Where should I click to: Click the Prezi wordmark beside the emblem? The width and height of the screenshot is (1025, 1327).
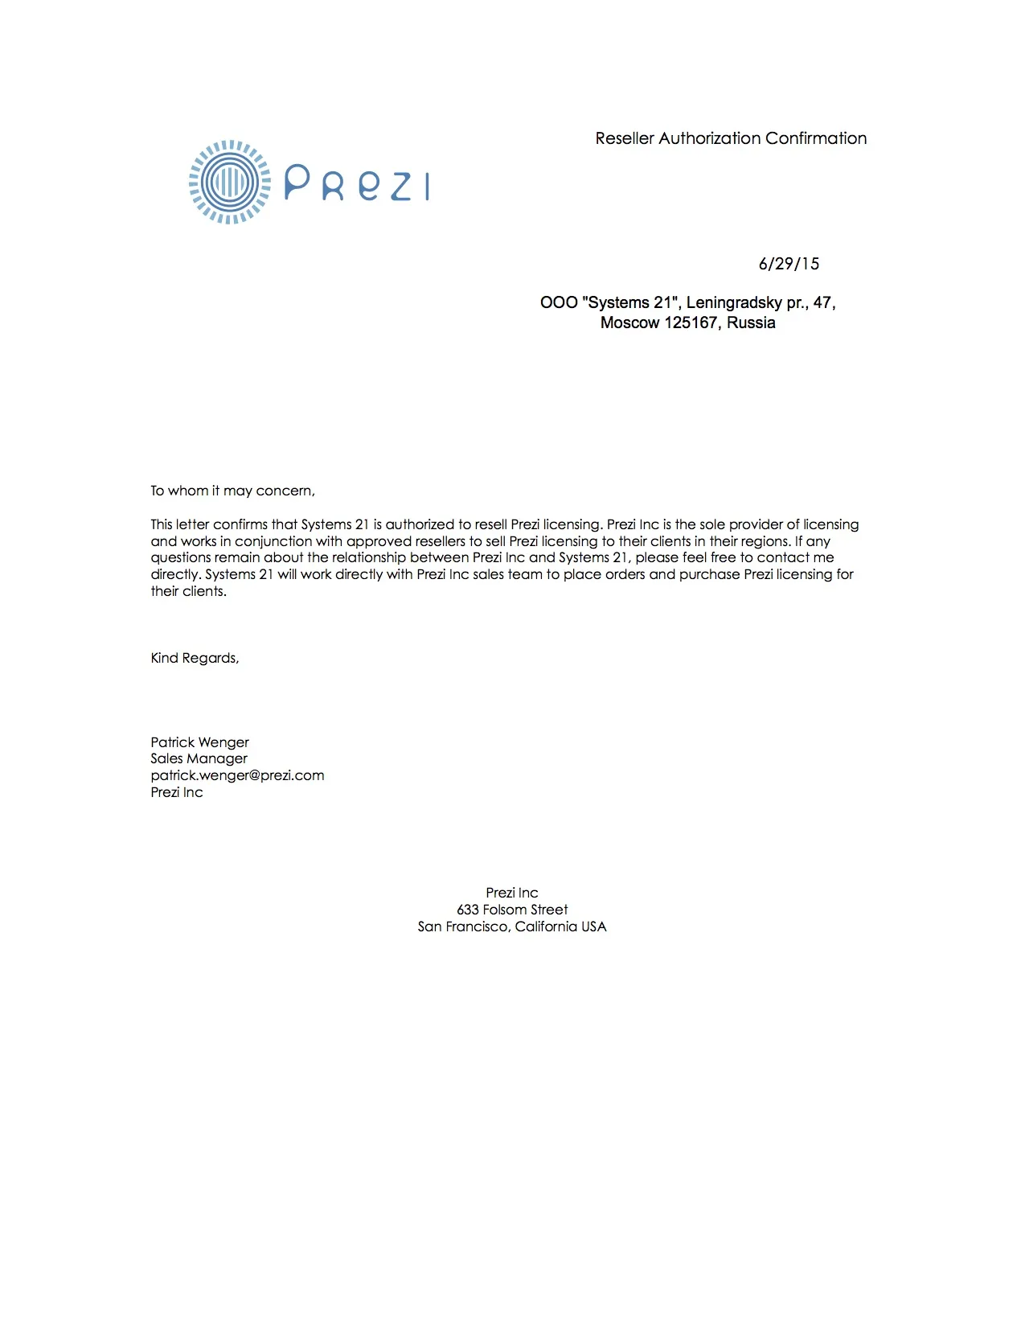[357, 184]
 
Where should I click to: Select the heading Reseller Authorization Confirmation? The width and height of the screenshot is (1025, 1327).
[731, 138]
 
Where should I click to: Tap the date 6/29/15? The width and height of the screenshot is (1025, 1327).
[789, 264]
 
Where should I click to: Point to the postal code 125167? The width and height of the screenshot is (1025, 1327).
[691, 323]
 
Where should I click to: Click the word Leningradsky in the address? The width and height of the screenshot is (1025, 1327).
[733, 302]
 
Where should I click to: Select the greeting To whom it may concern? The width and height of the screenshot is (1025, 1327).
[232, 491]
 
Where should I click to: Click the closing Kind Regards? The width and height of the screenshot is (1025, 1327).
[195, 658]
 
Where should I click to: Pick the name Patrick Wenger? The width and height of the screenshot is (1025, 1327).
[199, 742]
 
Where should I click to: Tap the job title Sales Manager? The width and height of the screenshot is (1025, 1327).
[199, 758]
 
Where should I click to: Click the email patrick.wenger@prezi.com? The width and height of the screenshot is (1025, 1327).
[237, 775]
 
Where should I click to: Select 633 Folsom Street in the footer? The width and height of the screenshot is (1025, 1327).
[512, 910]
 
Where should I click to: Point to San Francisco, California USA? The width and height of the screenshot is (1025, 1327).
[512, 926]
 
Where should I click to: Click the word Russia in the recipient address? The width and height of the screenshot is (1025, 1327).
[751, 323]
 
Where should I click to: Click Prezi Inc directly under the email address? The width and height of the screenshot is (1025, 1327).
[177, 792]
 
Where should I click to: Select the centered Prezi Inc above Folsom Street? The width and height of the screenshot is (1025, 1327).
[512, 893]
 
